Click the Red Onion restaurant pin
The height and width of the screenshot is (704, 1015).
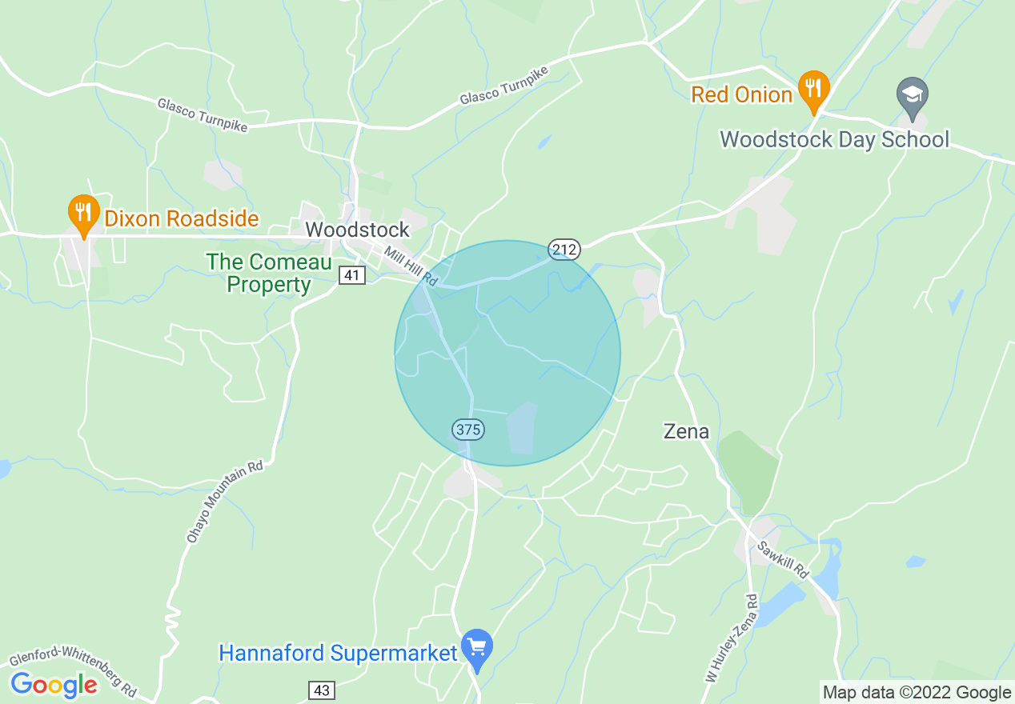coord(813,88)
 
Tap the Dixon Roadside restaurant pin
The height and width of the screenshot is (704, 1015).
coord(83,213)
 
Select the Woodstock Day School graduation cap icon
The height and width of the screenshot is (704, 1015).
coord(913,96)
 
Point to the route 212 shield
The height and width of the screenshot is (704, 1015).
coord(564,250)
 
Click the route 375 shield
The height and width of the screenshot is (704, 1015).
coord(468,430)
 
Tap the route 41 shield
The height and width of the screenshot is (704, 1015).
coord(352,276)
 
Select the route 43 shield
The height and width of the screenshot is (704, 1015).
coord(321,690)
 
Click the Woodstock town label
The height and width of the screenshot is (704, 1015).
coord(357,230)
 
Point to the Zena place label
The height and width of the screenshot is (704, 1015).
coord(686,432)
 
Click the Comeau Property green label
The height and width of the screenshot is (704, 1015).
coord(258,273)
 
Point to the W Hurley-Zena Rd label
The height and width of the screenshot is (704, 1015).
coord(730,638)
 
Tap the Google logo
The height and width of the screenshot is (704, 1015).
coord(54,685)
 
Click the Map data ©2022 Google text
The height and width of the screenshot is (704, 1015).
coord(917,693)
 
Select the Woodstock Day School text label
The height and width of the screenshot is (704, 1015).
coord(834,139)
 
